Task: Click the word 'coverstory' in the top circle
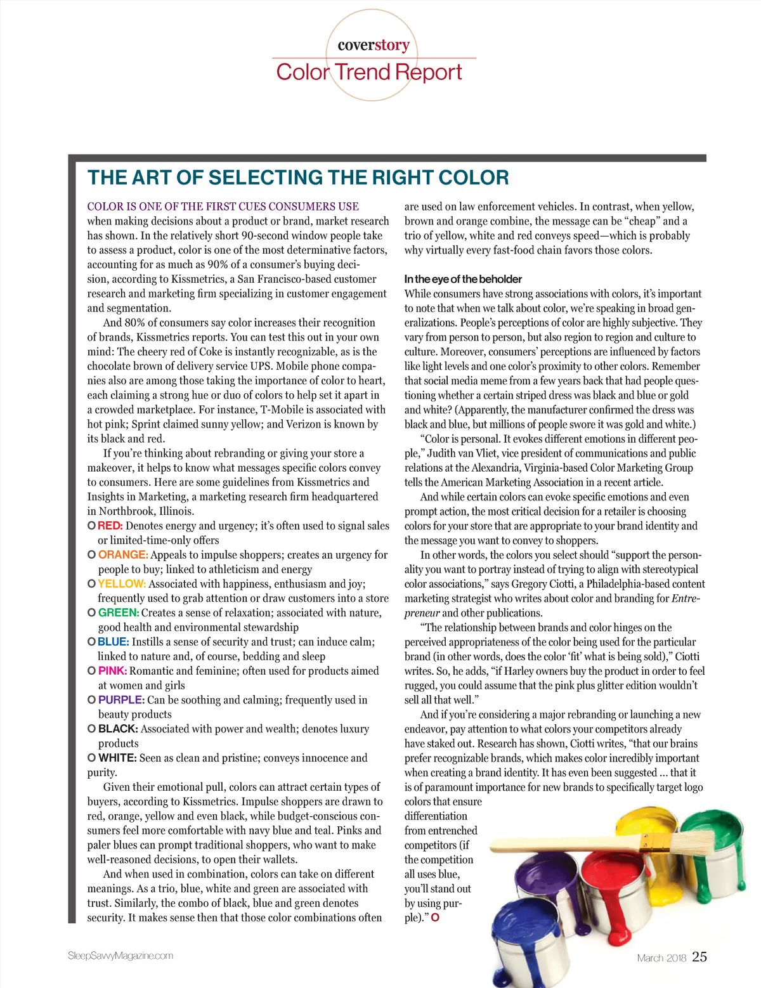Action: [374, 45]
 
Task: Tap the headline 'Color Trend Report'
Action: [369, 72]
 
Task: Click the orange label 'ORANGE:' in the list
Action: [123, 555]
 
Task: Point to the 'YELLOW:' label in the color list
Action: [122, 584]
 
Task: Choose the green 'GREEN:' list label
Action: [119, 613]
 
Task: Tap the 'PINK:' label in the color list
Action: [112, 671]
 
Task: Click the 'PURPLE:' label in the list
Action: [121, 700]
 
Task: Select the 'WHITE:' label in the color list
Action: [117, 758]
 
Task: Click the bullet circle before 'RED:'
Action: [91, 526]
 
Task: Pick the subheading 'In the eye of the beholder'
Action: [463, 279]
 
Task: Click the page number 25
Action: [699, 957]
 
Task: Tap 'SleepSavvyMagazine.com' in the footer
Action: [120, 956]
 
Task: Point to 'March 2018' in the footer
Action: [661, 958]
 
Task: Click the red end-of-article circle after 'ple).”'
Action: [435, 918]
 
